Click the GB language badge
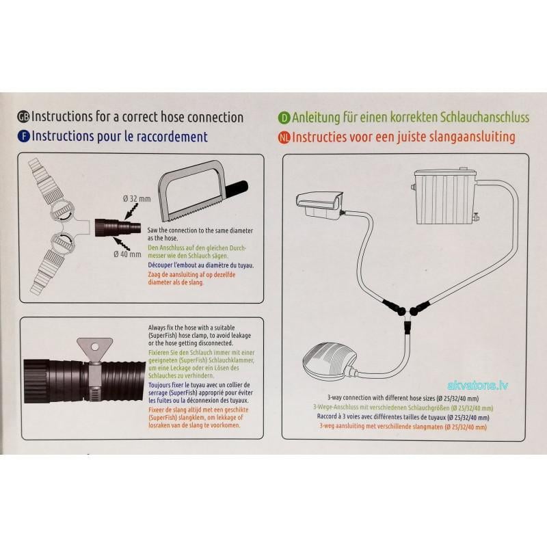tap(25, 117)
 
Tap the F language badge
tap(25, 137)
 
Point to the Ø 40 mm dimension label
tap(128, 254)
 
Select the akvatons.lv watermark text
tap(477, 385)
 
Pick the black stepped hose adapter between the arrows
tap(111, 226)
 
